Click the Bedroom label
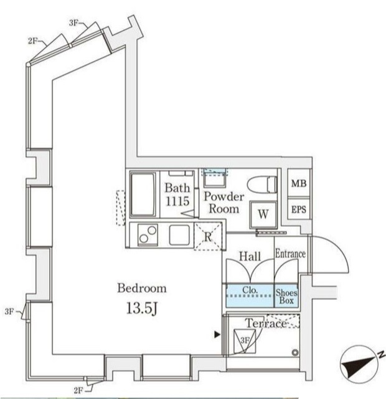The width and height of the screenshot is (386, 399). coord(142,289)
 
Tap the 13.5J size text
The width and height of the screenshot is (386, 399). coord(142,309)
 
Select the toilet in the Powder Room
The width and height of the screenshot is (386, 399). coord(262,185)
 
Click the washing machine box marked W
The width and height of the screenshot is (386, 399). coord(263,214)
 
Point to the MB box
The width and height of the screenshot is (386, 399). coord(299,183)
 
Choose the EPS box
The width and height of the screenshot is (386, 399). coord(299,209)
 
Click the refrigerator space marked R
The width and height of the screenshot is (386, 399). coord(208,236)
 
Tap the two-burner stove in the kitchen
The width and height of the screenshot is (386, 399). coord(148,234)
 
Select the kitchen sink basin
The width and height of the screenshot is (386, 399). coord(179,235)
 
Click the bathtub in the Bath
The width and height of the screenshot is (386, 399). coord(143,195)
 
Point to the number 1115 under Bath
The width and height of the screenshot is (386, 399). coord(177,201)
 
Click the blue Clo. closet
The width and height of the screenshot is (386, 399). coord(250,296)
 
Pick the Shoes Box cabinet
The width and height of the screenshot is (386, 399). coord(286,296)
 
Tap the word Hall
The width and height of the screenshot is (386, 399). coord(250,256)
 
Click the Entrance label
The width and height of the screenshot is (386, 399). coord(291,254)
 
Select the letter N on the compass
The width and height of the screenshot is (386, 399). coord(381,354)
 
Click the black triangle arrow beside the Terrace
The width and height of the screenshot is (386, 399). coord(217,334)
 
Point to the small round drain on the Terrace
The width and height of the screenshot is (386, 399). coord(294,352)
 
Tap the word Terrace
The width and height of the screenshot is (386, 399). coord(266,324)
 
